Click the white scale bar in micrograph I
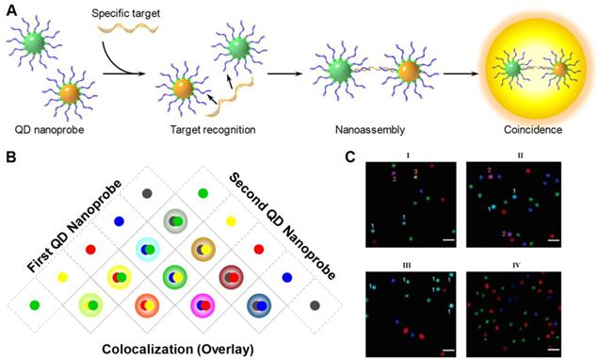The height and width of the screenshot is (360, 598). (x=447, y=241)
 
